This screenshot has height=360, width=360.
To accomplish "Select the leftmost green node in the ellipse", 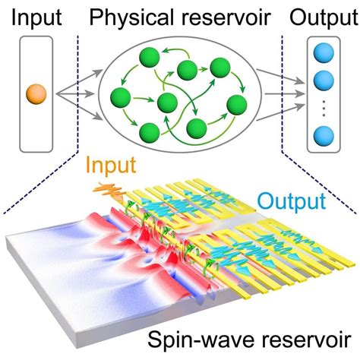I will point(119,97).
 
